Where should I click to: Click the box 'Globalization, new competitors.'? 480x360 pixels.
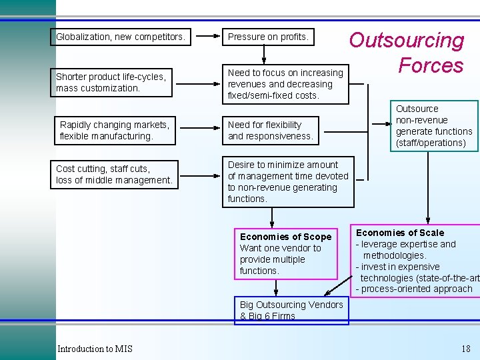click(121, 37)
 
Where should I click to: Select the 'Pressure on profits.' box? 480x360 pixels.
click(268, 37)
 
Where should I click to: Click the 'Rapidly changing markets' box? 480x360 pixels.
click(115, 130)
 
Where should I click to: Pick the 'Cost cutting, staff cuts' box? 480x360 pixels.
click(115, 175)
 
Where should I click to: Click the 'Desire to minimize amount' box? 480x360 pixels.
click(288, 181)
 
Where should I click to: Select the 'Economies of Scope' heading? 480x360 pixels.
click(285, 237)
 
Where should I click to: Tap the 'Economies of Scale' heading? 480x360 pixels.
click(400, 233)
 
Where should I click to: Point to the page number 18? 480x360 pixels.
click(465, 349)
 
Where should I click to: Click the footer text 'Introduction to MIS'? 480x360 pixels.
click(95, 349)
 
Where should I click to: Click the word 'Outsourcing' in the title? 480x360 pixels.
click(407, 41)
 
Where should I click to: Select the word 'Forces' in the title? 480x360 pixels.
click(431, 65)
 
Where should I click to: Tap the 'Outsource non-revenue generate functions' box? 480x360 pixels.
click(434, 125)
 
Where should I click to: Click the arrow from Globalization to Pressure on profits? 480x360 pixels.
click(207, 37)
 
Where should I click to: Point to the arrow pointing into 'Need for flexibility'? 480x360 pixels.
click(207, 130)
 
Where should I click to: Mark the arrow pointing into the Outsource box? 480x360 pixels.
click(379, 123)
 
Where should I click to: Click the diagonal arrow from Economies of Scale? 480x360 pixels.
click(338, 285)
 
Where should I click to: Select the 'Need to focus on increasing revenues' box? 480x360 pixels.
click(285, 84)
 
